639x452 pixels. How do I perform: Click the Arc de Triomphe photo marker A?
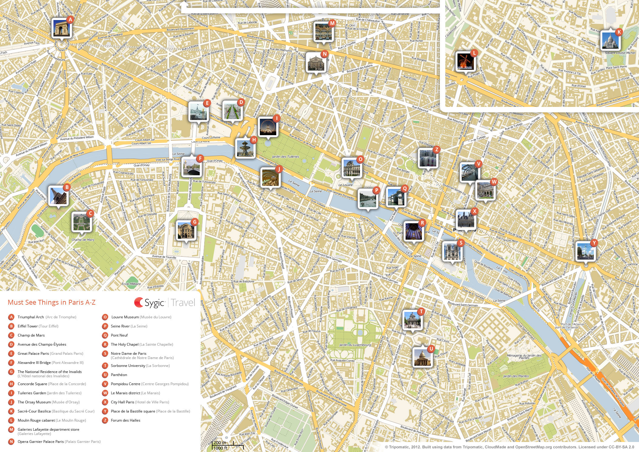tap(61, 28)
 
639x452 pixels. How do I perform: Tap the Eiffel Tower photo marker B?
tap(58, 196)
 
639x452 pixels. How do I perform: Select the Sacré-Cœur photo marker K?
tap(610, 40)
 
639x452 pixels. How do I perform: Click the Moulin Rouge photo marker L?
tap(465, 61)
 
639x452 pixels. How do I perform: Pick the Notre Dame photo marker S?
tap(452, 251)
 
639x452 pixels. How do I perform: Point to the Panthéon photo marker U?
tap(422, 357)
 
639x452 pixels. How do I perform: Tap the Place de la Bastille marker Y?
tap(585, 251)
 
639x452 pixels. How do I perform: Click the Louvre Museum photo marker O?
tap(352, 167)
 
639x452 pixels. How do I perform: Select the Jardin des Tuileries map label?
tap(285, 157)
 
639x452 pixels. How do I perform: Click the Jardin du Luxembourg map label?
tap(355, 345)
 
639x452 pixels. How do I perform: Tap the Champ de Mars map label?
tap(83, 240)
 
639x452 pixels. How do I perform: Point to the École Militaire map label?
tap(131, 284)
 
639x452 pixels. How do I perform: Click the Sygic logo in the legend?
tap(150, 303)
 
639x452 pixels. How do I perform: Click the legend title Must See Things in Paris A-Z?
tap(51, 302)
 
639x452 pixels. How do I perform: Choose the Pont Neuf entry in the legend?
tap(119, 335)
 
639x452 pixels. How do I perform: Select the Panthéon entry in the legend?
tap(119, 375)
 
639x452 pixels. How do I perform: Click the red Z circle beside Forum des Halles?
tap(105, 420)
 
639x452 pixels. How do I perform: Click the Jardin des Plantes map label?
tap(516, 376)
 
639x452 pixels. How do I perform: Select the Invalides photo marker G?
tap(186, 230)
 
